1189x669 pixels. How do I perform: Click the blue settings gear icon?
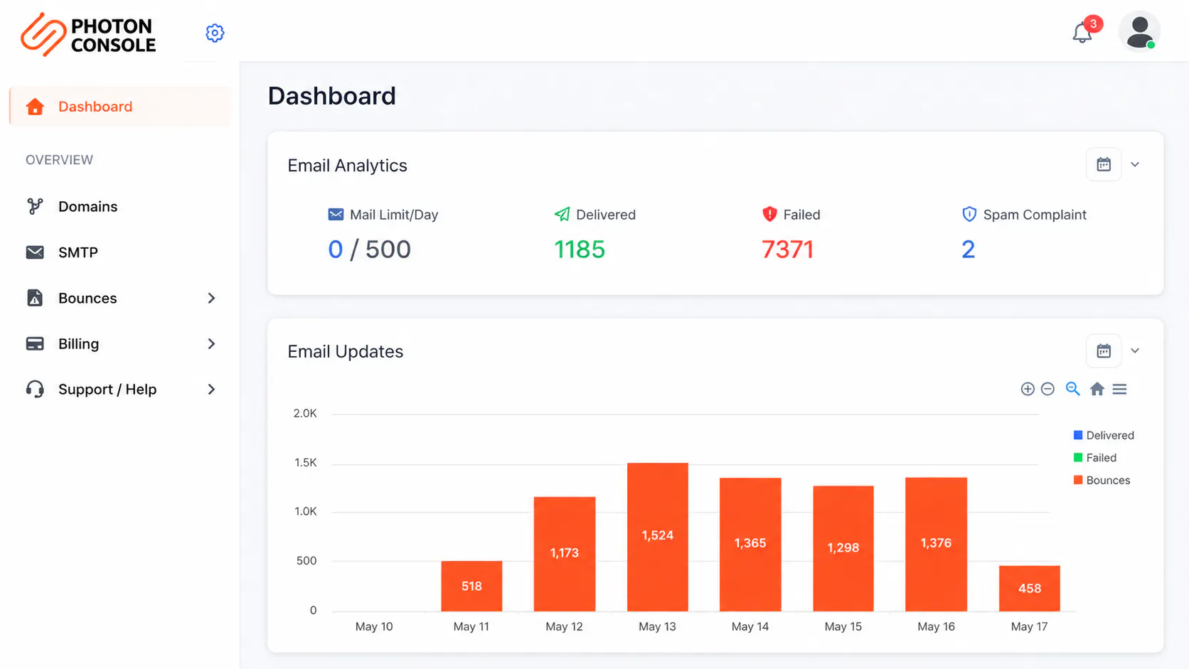coord(215,33)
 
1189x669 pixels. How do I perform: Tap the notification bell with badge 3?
coord(1083,33)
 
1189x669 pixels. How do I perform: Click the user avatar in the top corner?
coord(1139,31)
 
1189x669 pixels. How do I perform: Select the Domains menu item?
coord(87,206)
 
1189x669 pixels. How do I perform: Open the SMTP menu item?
coord(78,252)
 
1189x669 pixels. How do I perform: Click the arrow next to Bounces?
coord(211,298)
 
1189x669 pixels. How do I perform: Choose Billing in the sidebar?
coord(78,344)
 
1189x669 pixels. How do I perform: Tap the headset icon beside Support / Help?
coord(35,390)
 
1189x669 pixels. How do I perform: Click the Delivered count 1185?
coord(579,250)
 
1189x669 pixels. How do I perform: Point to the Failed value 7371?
coord(787,250)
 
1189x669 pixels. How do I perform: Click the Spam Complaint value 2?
coord(968,250)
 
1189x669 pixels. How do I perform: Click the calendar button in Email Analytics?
coord(1104,164)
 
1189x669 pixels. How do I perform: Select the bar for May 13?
coord(658,537)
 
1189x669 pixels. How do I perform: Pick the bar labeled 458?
coord(1029,589)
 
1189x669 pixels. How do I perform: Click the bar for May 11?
coord(471,586)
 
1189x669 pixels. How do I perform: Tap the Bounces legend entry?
coord(1102,480)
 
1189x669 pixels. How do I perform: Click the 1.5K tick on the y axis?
coord(305,463)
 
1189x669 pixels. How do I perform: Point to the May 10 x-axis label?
coord(373,626)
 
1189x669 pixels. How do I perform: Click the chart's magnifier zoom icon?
coord(1072,389)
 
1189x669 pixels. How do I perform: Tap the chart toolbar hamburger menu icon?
coord(1119,390)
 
